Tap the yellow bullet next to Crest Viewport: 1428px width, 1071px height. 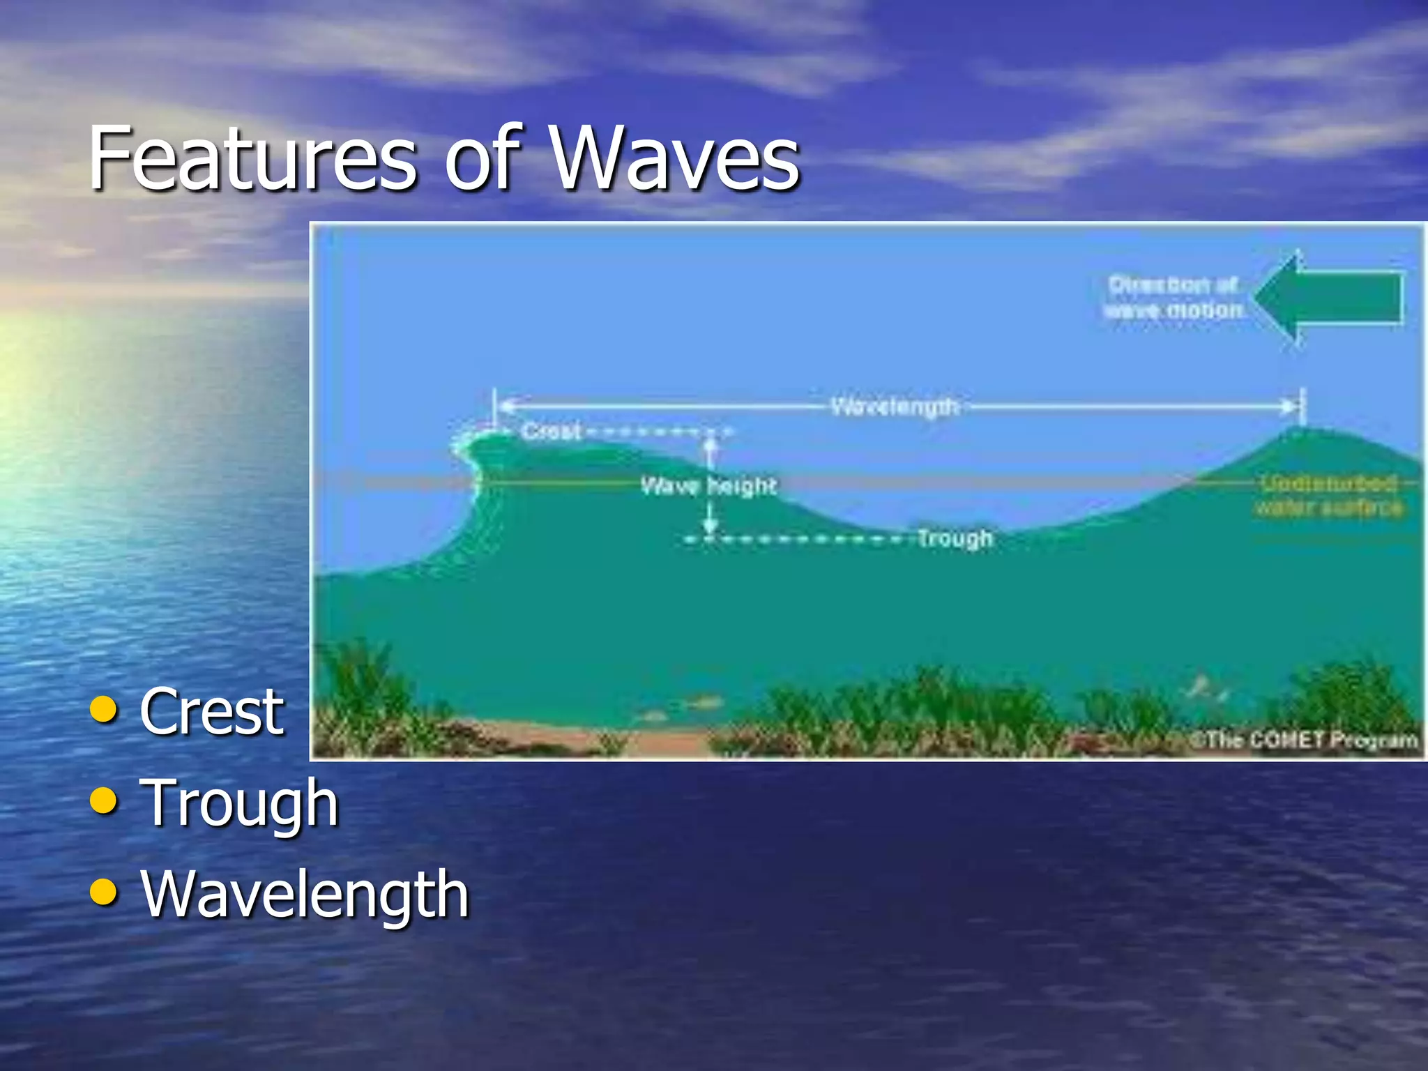[104, 710]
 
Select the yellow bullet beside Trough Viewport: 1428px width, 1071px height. [104, 801]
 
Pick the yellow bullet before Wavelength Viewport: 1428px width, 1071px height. [104, 892]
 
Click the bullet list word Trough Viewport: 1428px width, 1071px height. [239, 803]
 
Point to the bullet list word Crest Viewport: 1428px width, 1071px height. [212, 712]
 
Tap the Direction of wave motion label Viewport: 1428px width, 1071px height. [1174, 297]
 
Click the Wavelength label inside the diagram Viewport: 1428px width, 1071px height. [895, 406]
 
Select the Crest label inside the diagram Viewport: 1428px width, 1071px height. [551, 431]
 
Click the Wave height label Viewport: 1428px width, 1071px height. [708, 485]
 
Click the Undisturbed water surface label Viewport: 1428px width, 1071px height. [1329, 495]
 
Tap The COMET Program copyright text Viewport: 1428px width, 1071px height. [1304, 739]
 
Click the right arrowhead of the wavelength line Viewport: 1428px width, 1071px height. [1290, 406]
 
